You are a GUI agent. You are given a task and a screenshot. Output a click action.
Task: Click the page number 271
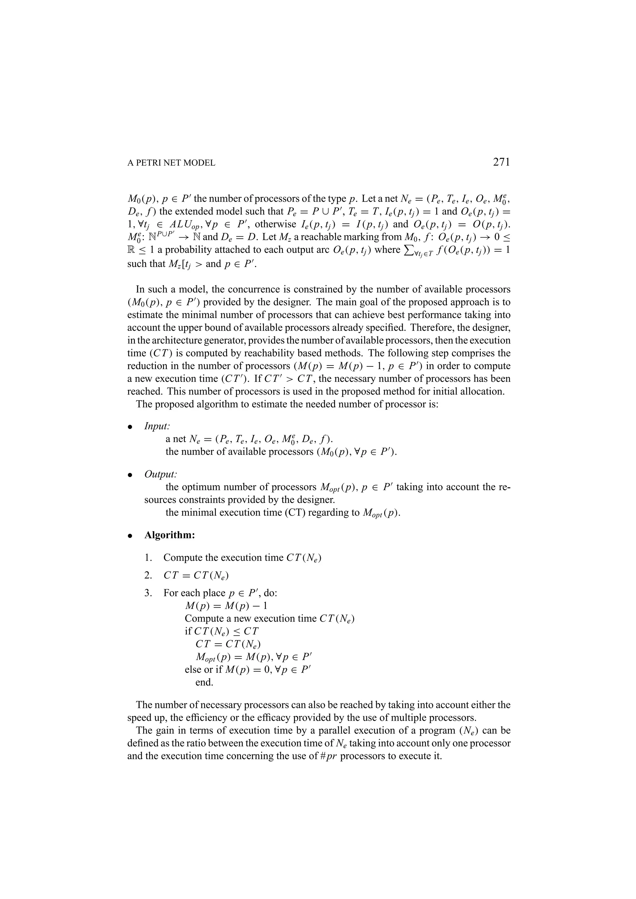pyautogui.click(x=501, y=162)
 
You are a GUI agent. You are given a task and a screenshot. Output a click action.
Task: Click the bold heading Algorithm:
pyautogui.click(x=170, y=535)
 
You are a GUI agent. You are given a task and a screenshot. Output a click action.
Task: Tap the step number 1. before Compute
pyautogui.click(x=148, y=557)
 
